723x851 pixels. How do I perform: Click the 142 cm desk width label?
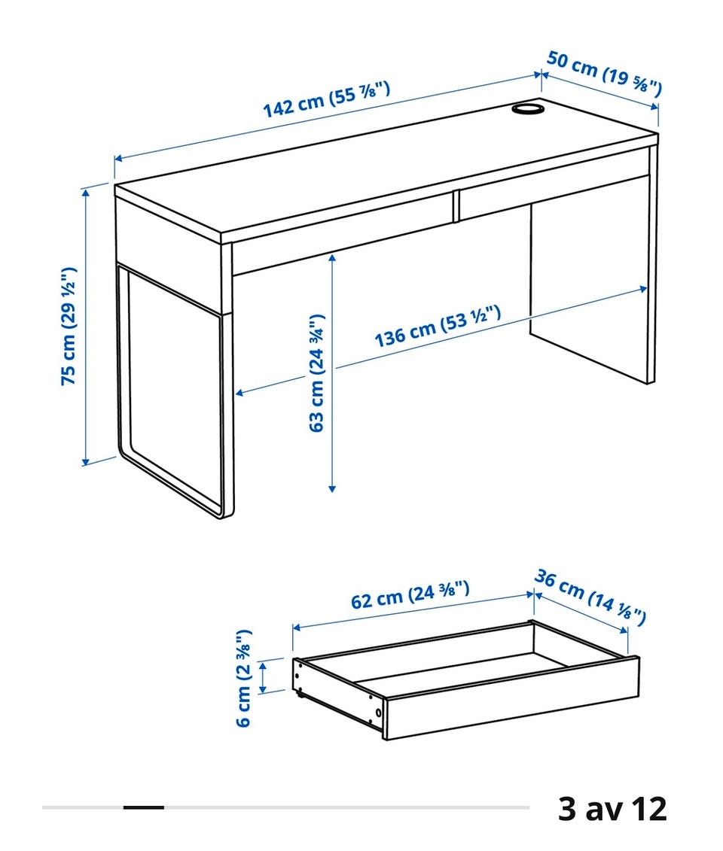[x=326, y=99]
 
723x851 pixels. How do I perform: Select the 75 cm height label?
[x=69, y=327]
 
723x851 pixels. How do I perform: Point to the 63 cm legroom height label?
[x=316, y=373]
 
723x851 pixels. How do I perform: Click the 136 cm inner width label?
[x=438, y=327]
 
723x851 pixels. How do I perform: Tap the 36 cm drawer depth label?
[x=590, y=597]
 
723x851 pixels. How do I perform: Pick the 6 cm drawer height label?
[x=244, y=678]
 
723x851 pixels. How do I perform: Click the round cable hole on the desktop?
[x=527, y=108]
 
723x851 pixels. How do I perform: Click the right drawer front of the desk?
[x=554, y=196]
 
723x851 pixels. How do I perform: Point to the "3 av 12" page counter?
[x=612, y=809]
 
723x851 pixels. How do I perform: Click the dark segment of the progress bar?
[x=143, y=807]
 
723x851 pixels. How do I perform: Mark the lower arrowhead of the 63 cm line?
[x=332, y=488]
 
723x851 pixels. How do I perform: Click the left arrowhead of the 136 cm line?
[x=239, y=393]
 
